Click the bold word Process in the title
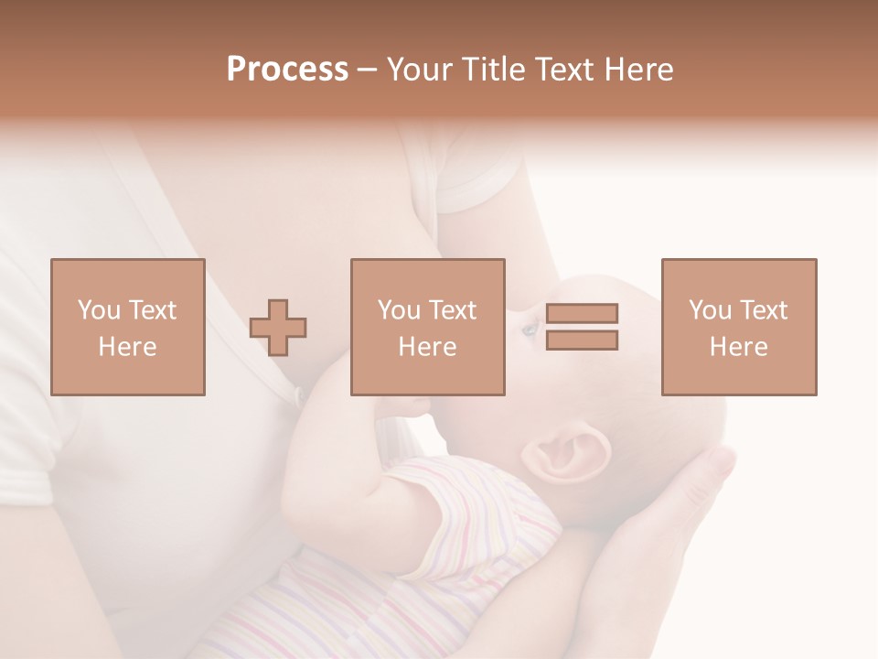point(287,70)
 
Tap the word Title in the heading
point(494,70)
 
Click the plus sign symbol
point(279,328)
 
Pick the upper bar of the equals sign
point(582,313)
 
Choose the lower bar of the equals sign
point(582,340)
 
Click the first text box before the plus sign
point(127,327)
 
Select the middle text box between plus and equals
point(427,327)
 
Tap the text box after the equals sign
point(738,327)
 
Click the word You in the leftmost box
point(99,310)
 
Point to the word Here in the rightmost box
point(738,347)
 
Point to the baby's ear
point(569,454)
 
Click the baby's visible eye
point(530,328)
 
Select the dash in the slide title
point(368,70)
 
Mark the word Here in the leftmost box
point(127,347)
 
